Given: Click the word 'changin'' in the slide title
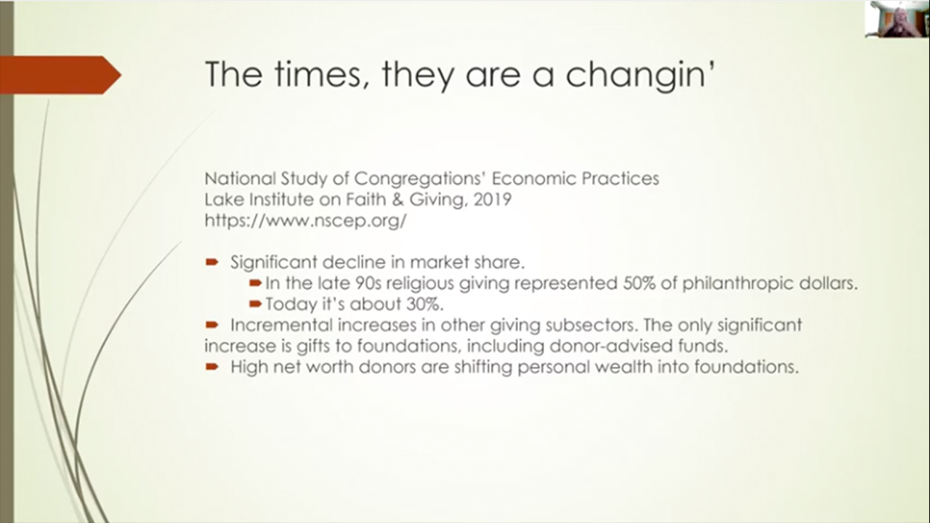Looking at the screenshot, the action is point(640,75).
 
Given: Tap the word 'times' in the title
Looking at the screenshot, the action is point(318,74).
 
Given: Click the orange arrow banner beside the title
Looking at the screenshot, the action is point(60,75).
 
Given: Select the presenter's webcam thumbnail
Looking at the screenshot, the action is point(897,19).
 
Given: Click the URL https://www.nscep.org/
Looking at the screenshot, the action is point(306,220).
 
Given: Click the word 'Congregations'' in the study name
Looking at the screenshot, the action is point(420,179).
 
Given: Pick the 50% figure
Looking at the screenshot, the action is point(639,283).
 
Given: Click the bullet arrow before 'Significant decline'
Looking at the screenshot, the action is point(211,262).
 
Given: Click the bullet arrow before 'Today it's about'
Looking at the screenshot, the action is point(255,304).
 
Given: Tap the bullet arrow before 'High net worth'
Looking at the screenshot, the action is point(211,367).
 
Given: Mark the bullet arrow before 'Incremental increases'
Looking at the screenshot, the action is point(211,325).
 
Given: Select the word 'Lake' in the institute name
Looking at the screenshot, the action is point(223,200).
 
